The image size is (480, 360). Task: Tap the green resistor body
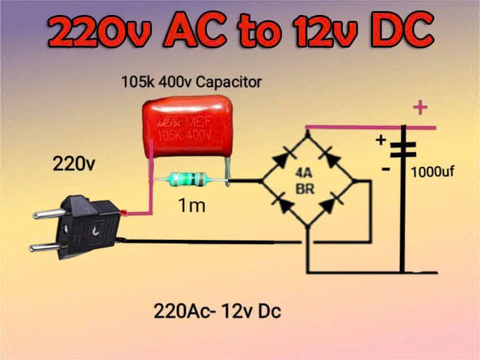[187, 179]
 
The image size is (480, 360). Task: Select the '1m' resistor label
[192, 207]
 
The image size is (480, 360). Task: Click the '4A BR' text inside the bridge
[304, 181]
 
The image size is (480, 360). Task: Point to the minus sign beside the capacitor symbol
[385, 169]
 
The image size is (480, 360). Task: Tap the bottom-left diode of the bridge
[284, 205]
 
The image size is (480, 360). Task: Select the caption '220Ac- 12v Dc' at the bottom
[217, 311]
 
